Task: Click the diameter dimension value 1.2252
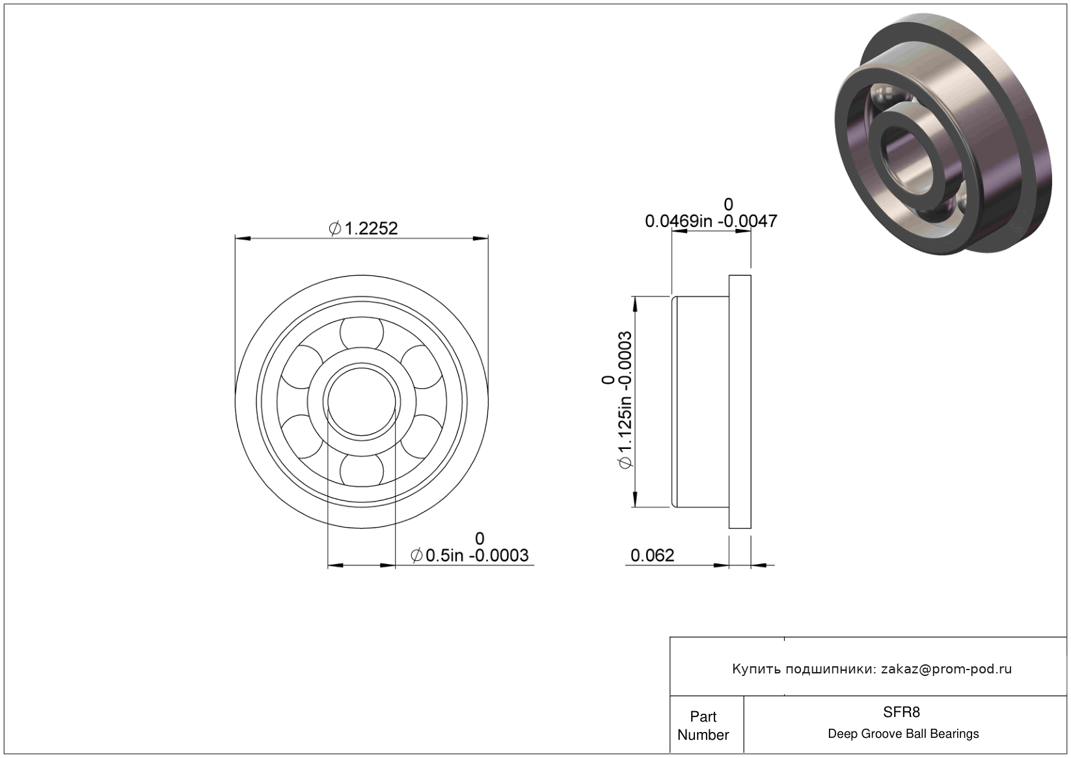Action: coord(370,228)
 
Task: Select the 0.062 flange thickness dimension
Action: coord(652,555)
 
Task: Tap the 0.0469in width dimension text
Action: coord(679,221)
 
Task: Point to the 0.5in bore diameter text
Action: coord(444,555)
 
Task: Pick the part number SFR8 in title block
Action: coord(901,712)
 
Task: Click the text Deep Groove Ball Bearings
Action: coord(903,734)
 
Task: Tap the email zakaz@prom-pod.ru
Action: coord(946,669)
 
